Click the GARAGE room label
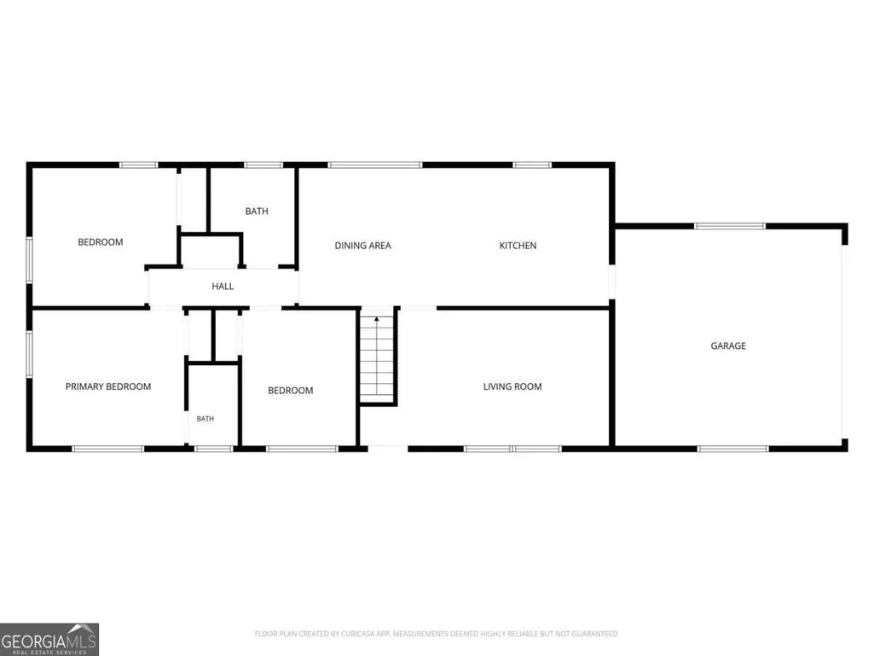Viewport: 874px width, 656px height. coord(728,345)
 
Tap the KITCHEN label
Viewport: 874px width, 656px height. coord(518,246)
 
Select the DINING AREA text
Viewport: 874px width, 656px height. coord(363,246)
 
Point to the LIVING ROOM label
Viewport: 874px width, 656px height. coord(512,386)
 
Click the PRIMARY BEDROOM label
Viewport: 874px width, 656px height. coord(108,386)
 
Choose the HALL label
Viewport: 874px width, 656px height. coord(223,286)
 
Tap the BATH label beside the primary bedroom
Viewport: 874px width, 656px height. coord(205,418)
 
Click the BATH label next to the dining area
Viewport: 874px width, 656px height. coord(257,212)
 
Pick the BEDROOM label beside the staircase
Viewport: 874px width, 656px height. coord(291,391)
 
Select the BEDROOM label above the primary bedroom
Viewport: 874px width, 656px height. coord(101,242)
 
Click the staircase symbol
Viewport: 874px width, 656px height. coord(378,357)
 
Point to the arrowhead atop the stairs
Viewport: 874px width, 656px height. coord(377,319)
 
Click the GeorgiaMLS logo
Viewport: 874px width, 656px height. coord(49,639)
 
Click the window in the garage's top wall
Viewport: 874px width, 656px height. coord(730,226)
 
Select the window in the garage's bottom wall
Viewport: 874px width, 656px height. coord(733,449)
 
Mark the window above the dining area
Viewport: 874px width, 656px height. coord(375,165)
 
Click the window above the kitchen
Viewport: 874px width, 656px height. coord(532,165)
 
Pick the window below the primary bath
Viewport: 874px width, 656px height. coord(213,449)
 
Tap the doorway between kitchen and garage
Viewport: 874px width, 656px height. coord(611,282)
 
